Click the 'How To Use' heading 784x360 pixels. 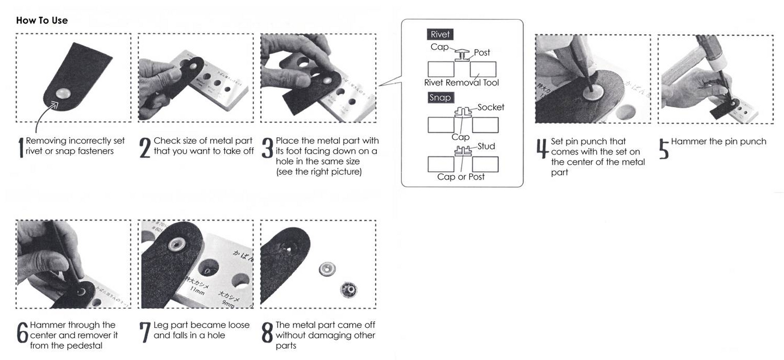point(42,20)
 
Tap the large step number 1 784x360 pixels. point(21,147)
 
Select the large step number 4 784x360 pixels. point(542,148)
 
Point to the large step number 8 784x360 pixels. point(267,333)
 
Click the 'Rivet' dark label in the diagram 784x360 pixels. point(440,34)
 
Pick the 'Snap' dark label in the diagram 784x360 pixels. point(440,97)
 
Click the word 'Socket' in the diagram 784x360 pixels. point(491,107)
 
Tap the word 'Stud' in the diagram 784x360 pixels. point(486,146)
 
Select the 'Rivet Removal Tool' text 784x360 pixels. point(461,83)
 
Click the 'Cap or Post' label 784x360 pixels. point(461,176)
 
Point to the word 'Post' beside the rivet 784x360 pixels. point(482,53)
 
